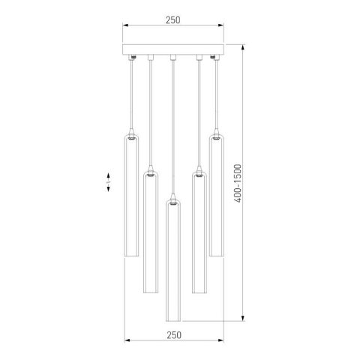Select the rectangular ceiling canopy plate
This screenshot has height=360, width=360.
click(173, 50)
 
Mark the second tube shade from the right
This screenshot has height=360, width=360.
click(199, 232)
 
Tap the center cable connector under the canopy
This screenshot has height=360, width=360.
click(173, 57)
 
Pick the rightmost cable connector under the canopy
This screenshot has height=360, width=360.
click(217, 57)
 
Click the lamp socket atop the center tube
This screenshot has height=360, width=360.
click(173, 202)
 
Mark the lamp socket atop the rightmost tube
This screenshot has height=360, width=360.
click(217, 139)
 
